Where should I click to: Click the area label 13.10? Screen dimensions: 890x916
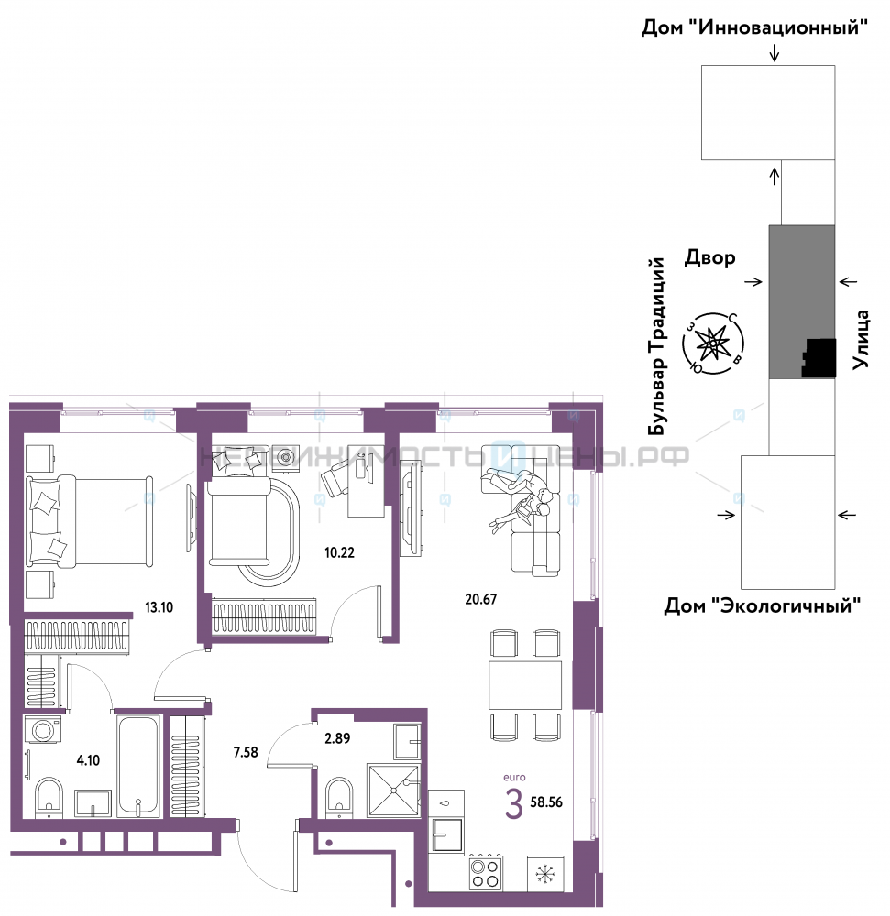(159, 607)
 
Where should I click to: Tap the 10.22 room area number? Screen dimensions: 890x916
(339, 552)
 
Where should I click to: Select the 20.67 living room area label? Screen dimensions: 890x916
(481, 599)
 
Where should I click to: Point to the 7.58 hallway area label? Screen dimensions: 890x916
(246, 752)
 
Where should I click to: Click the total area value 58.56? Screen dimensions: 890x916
(546, 802)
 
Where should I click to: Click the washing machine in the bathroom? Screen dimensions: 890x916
(43, 730)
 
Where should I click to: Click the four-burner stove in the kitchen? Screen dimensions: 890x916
(485, 874)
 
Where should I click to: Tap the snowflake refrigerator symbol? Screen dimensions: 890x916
(545, 874)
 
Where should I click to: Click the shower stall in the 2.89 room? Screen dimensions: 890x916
(394, 790)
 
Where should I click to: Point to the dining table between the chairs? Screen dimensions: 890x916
(525, 684)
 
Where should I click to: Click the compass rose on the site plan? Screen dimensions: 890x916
(713, 343)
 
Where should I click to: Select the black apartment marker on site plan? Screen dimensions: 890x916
(819, 358)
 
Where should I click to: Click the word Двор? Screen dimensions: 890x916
(710, 258)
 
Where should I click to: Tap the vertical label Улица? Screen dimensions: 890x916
(861, 340)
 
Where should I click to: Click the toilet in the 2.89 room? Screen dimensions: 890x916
(339, 796)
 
